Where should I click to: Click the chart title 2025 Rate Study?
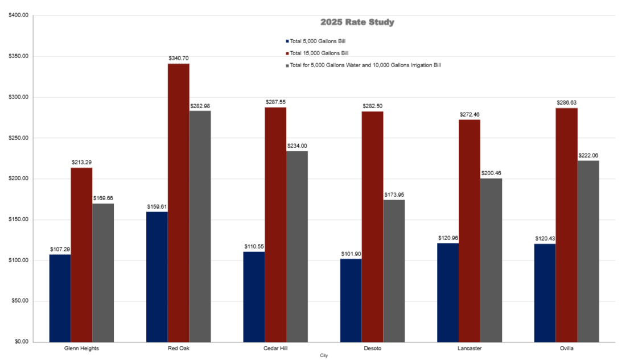pyautogui.click(x=357, y=22)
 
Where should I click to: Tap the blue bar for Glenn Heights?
pyautogui.click(x=60, y=298)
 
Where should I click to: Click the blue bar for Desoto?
pyautogui.click(x=351, y=300)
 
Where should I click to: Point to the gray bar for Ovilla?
pyautogui.click(x=588, y=251)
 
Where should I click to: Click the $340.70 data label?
pyautogui.click(x=179, y=59)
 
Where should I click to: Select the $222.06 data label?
pyautogui.click(x=588, y=155)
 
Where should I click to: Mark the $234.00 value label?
pyautogui.click(x=297, y=146)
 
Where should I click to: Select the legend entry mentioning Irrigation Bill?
pyautogui.click(x=365, y=65)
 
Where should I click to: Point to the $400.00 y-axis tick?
pyautogui.click(x=18, y=15)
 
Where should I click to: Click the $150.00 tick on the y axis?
pyautogui.click(x=18, y=220)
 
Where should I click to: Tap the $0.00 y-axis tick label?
pyautogui.click(x=21, y=342)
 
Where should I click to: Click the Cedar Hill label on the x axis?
pyautogui.click(x=275, y=348)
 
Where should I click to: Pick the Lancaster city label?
pyautogui.click(x=470, y=348)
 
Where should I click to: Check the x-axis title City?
pyautogui.click(x=324, y=355)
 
